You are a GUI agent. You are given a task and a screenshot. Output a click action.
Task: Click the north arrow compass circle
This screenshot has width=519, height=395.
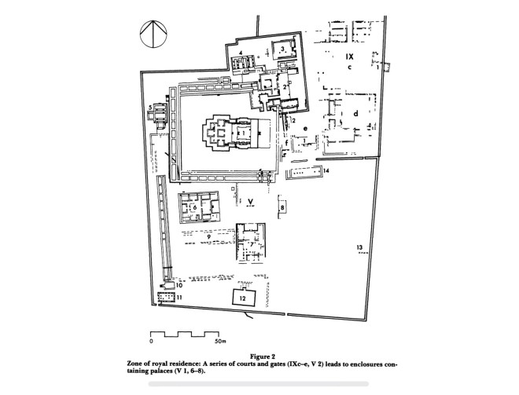pyautogui.click(x=153, y=34)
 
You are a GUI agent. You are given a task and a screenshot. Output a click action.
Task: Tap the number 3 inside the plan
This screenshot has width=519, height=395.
pyautogui.click(x=282, y=49)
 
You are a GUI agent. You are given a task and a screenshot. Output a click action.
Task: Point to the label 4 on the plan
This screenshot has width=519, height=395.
pyautogui.click(x=241, y=53)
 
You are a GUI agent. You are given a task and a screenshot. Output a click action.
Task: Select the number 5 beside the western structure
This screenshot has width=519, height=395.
pyautogui.click(x=150, y=107)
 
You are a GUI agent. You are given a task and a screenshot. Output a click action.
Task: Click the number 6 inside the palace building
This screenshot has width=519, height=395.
pyautogui.click(x=195, y=207)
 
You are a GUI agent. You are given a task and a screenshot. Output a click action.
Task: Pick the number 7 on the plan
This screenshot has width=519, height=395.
pyautogui.click(x=252, y=244)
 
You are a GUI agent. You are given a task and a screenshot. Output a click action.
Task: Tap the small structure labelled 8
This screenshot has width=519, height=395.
pyautogui.click(x=282, y=207)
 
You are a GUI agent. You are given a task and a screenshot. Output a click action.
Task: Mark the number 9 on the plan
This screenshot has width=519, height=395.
pyautogui.click(x=209, y=236)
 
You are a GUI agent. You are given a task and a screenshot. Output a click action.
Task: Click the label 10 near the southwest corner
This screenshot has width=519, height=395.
pyautogui.click(x=179, y=285)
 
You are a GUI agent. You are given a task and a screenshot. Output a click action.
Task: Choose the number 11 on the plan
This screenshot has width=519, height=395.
pyautogui.click(x=179, y=298)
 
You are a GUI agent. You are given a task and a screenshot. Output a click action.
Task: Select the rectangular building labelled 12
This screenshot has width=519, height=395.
pyautogui.click(x=244, y=298)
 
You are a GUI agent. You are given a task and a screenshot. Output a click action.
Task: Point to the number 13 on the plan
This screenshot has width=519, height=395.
pyautogui.click(x=360, y=247)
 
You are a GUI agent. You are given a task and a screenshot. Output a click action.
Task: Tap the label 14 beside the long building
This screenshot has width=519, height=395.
pyautogui.click(x=326, y=170)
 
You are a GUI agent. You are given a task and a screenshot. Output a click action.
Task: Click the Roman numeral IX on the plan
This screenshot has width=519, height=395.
pyautogui.click(x=349, y=57)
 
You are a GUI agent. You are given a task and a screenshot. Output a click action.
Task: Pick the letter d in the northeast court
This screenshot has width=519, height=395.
pyautogui.click(x=355, y=113)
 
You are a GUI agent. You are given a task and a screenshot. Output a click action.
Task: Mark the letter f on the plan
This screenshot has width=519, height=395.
pyautogui.click(x=287, y=143)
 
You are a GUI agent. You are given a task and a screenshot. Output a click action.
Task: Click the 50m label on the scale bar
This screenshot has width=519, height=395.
pyautogui.click(x=219, y=341)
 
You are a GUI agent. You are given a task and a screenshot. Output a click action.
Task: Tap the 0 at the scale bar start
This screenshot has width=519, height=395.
pyautogui.click(x=151, y=341)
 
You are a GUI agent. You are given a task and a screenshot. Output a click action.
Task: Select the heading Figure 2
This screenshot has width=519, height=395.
pyautogui.click(x=263, y=357)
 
